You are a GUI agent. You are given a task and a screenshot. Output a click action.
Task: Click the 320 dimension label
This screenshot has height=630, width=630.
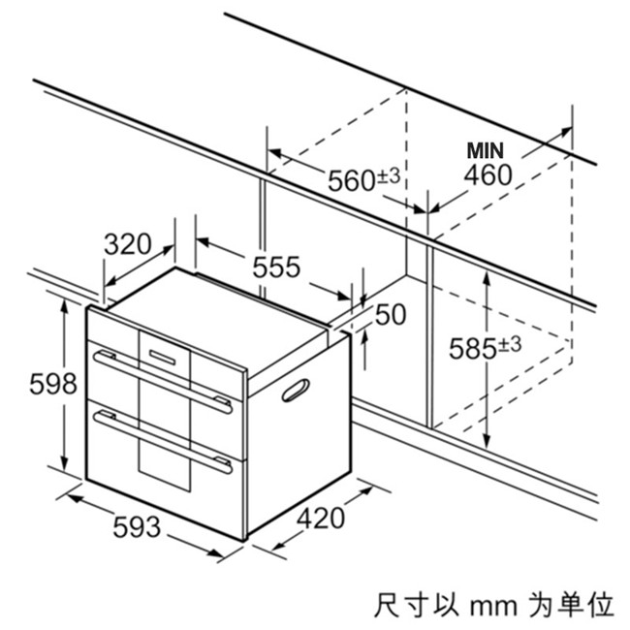(127, 244)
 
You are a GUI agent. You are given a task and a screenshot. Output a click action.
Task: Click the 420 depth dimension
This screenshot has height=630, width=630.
(320, 519)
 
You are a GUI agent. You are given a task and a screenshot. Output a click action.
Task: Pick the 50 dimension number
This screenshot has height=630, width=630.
(390, 315)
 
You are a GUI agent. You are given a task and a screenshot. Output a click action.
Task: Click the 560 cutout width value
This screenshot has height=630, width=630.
(351, 181)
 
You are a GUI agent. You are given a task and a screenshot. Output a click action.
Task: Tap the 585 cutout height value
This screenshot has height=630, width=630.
(472, 349)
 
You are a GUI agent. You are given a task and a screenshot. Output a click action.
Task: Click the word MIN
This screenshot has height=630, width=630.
(488, 151)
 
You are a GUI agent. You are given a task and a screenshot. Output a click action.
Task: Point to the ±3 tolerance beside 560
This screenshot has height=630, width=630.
(389, 175)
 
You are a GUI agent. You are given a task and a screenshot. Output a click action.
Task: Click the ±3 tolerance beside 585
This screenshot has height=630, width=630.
(510, 344)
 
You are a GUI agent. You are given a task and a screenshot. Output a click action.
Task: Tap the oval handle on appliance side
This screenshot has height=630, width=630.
(297, 390)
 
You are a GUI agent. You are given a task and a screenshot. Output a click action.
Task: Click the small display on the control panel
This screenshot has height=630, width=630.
(162, 356)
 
